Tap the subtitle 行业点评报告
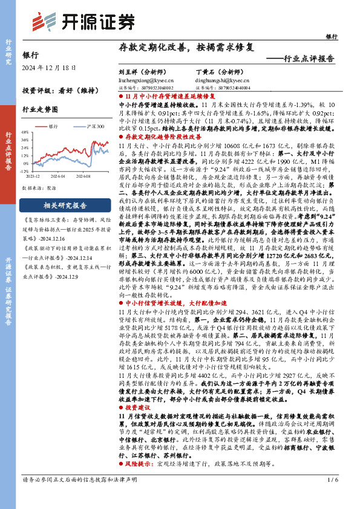(309, 59)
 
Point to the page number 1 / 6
(332, 497)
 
